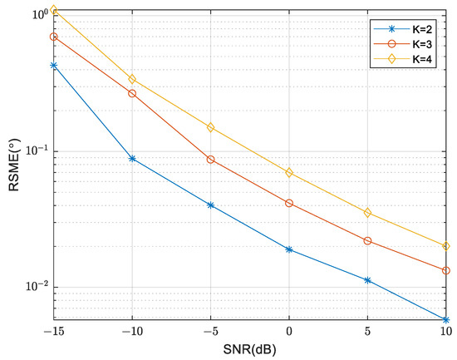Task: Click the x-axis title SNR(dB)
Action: point(250,350)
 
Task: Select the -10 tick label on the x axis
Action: point(131,331)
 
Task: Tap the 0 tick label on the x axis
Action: point(289,331)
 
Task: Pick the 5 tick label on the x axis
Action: point(368,331)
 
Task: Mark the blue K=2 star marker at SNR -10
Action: point(132,158)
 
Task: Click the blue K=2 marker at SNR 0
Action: point(289,249)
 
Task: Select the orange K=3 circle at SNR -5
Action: point(211,160)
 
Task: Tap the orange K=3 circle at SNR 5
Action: point(368,241)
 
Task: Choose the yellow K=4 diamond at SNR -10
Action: point(132,79)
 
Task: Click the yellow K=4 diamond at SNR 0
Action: point(289,173)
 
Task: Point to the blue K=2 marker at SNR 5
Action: point(368,280)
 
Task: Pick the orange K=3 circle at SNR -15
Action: point(54,37)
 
